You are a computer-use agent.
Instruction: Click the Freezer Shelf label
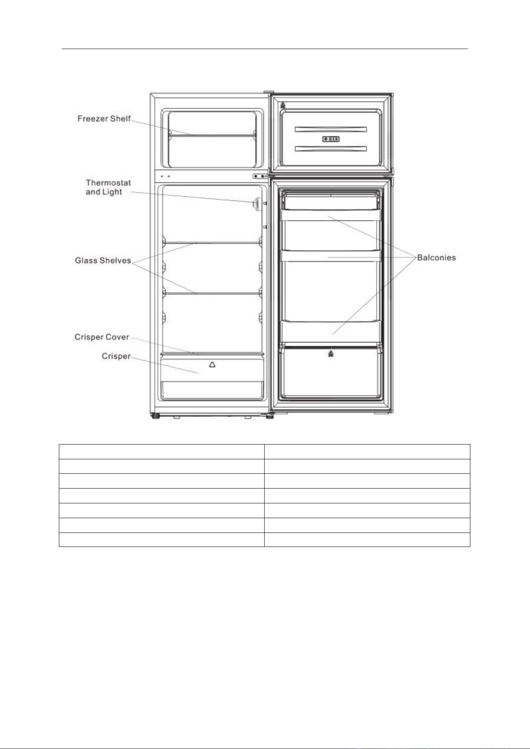(104, 118)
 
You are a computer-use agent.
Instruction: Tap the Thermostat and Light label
(108, 187)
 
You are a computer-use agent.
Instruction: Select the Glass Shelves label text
(103, 260)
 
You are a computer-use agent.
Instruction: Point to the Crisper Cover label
(102, 337)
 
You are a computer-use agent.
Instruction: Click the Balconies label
(436, 258)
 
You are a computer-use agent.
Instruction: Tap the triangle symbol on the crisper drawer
(212, 364)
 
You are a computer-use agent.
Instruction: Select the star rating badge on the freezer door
(331, 139)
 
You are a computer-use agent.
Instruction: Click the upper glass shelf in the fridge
(212, 242)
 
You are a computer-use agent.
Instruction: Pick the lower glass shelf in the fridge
(212, 293)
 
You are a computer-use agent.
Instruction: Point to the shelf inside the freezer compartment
(212, 135)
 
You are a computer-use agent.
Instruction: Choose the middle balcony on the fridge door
(331, 256)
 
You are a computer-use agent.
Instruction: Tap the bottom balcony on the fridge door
(331, 331)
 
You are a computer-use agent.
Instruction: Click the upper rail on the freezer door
(331, 129)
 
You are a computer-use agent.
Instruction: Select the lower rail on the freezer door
(331, 149)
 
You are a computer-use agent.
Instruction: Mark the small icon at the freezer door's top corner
(283, 106)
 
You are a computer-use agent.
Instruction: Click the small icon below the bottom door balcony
(331, 353)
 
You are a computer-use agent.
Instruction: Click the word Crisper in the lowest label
(116, 356)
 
